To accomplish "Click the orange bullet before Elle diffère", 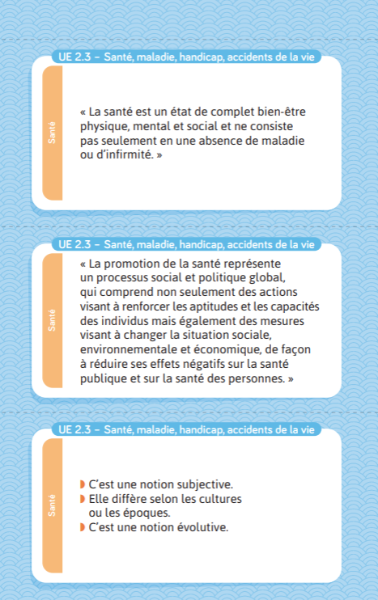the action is (x=83, y=499).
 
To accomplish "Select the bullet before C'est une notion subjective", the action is (x=83, y=484).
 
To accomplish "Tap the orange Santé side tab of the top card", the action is (x=51, y=133).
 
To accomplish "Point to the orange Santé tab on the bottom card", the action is (x=51, y=505).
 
